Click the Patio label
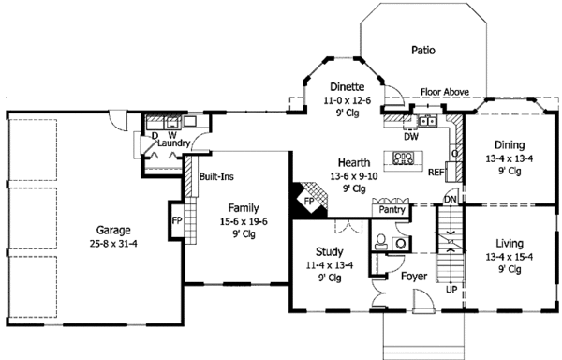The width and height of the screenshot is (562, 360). (423, 50)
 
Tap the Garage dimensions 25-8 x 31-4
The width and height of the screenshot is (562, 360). (113, 244)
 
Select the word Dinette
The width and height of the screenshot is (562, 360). (347, 87)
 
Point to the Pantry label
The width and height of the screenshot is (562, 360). (392, 210)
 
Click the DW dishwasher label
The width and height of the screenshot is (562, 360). (411, 136)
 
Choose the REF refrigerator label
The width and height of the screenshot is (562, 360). (436, 172)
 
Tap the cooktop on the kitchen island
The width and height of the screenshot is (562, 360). (403, 158)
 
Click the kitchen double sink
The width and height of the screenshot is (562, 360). (428, 121)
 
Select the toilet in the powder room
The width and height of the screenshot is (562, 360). (380, 242)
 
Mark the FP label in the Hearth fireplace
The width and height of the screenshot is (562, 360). (309, 202)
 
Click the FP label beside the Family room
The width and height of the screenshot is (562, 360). (177, 220)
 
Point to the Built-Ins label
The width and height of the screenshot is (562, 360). (216, 176)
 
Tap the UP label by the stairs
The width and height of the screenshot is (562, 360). (451, 289)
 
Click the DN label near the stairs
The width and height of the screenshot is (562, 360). (451, 200)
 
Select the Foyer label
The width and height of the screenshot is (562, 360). (414, 277)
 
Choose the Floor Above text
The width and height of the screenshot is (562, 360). (445, 92)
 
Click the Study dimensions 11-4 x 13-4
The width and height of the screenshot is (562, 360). (330, 265)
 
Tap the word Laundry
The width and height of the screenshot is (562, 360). (173, 143)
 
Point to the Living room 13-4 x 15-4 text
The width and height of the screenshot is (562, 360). (510, 257)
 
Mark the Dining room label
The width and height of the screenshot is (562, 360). (510, 145)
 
